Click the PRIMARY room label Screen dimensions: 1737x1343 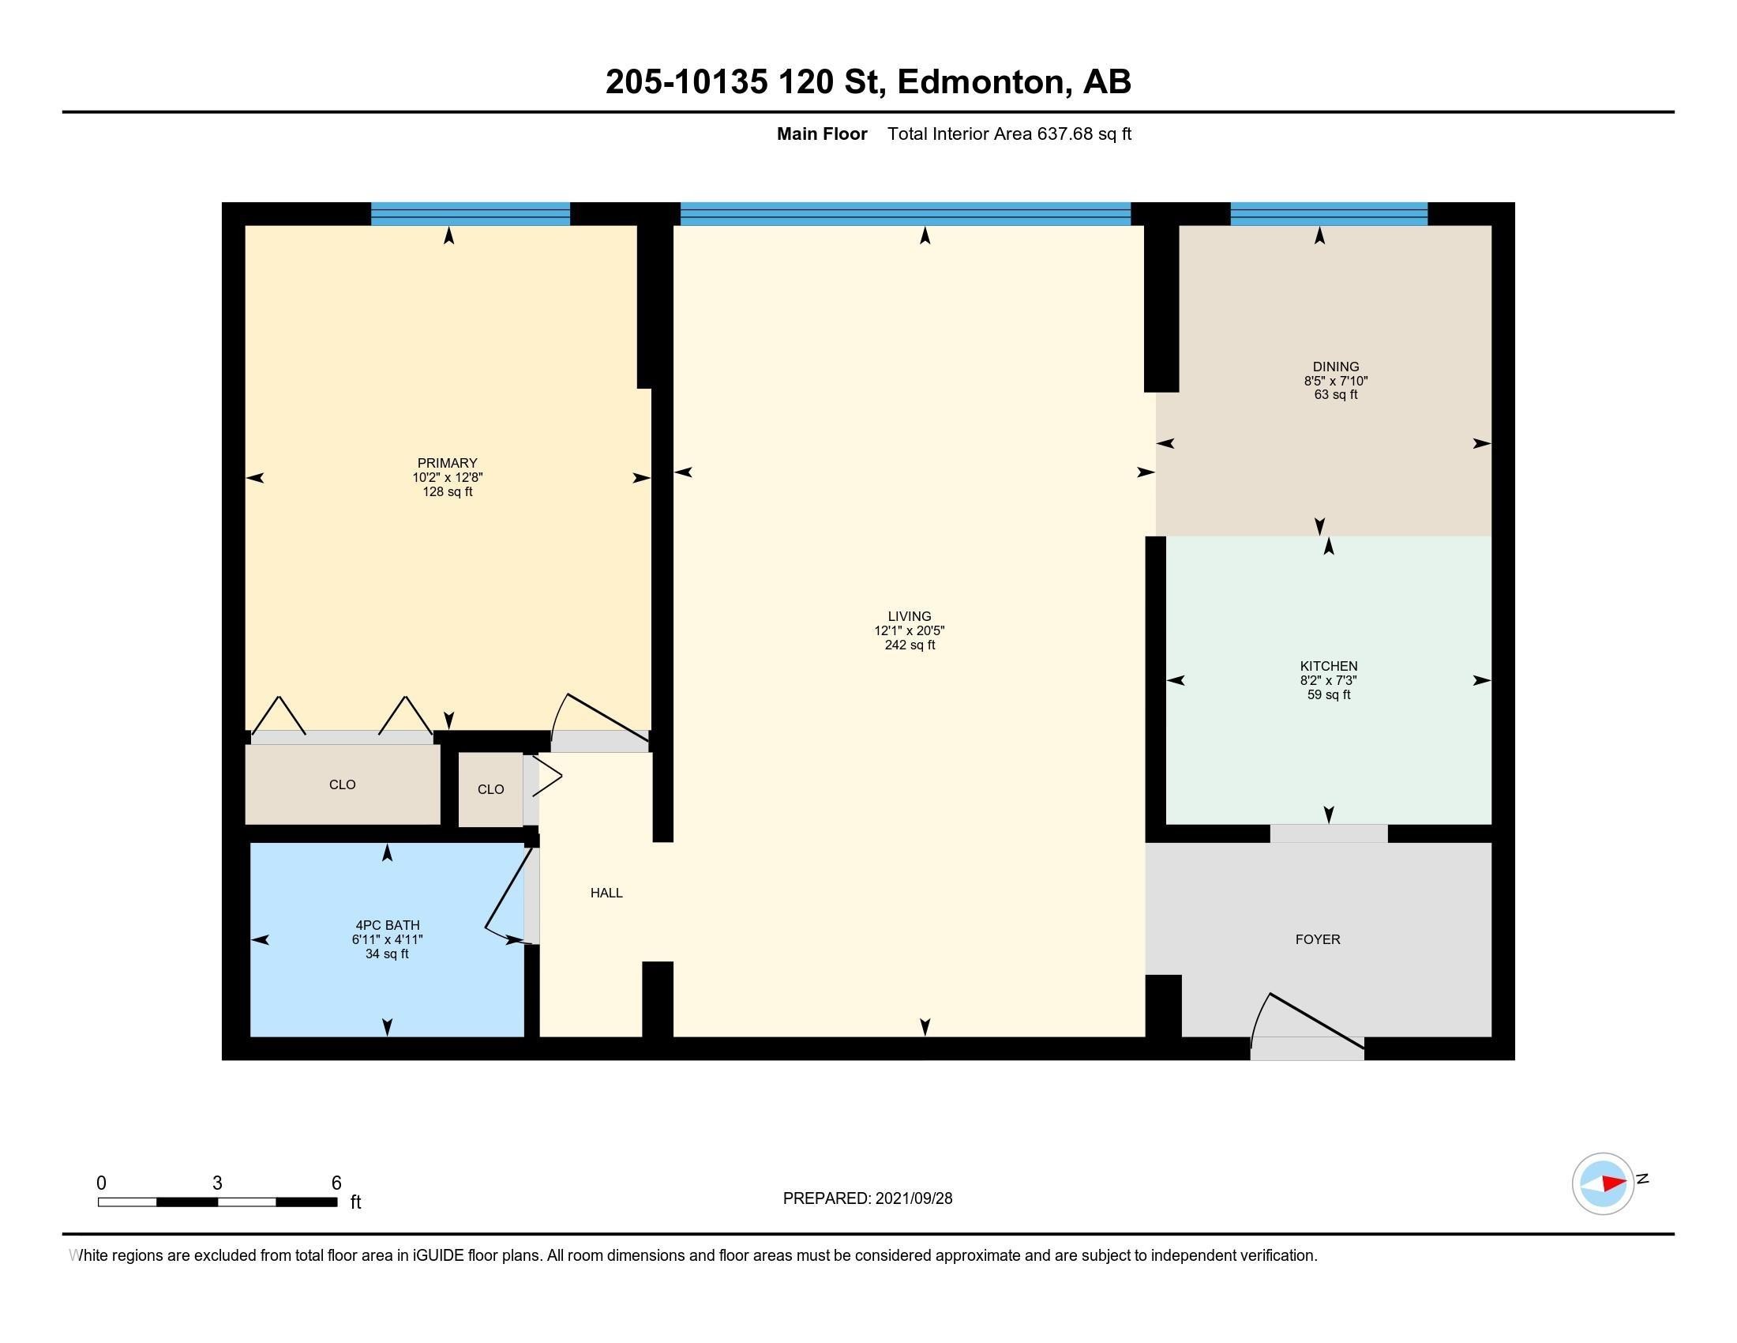point(447,463)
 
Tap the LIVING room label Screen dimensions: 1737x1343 point(909,616)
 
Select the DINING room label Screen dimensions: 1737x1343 point(1335,367)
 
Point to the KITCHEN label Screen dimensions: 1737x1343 point(1328,666)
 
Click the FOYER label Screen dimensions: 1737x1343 point(1318,939)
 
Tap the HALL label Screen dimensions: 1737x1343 point(606,893)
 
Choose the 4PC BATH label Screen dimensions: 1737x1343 point(388,925)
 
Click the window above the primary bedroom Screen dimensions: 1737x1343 point(470,214)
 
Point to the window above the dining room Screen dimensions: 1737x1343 point(1329,214)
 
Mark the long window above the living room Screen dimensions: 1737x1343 point(905,214)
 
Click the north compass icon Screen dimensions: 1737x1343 point(1604,1184)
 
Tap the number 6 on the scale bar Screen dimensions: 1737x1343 point(336,1183)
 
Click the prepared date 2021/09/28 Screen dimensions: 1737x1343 point(913,1198)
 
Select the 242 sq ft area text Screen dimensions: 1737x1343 point(910,645)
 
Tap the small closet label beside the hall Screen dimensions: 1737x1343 point(491,789)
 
